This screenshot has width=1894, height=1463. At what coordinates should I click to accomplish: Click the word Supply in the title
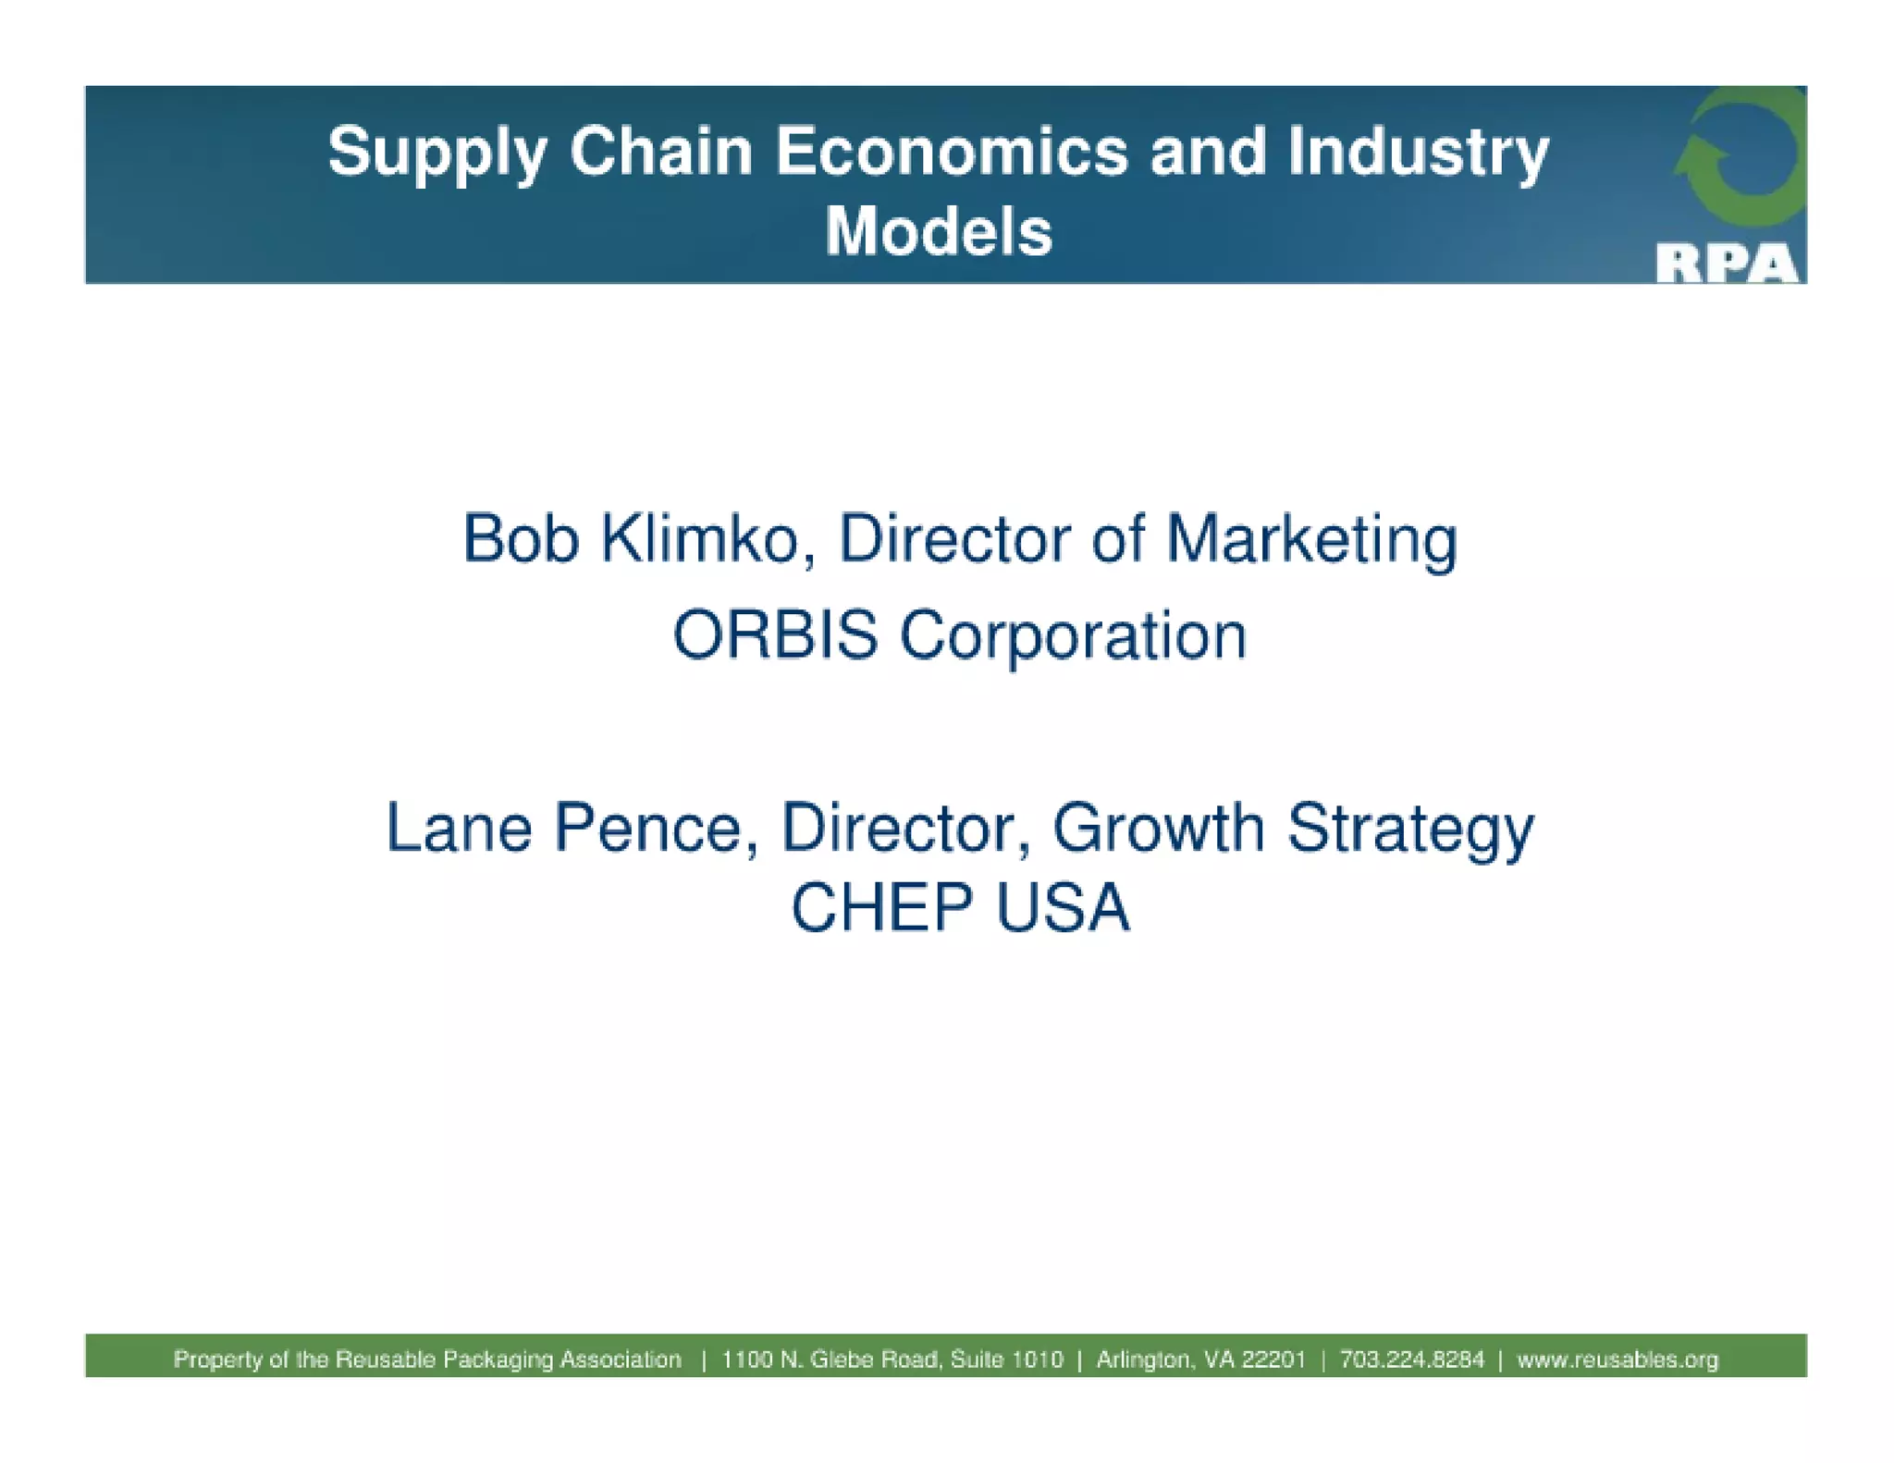437,153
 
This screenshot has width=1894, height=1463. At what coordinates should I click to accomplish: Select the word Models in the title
939,231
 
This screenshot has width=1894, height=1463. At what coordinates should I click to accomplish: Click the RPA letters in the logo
1727,264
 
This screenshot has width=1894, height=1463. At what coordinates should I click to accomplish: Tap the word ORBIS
775,635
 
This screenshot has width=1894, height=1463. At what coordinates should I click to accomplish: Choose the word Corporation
1073,637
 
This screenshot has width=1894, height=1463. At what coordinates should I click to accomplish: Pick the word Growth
1158,828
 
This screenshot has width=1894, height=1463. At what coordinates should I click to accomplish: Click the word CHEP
881,907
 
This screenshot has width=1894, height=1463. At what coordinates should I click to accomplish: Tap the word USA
1063,907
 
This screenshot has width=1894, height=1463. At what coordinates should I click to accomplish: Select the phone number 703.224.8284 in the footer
1411,1359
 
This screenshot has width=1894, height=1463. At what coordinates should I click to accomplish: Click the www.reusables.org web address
1617,1359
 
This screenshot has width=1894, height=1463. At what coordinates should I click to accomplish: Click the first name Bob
521,539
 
